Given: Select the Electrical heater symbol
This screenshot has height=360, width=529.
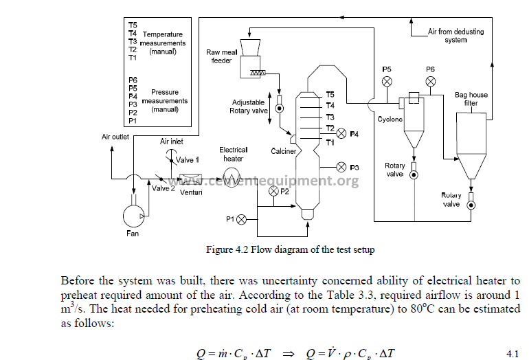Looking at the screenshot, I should pyautogui.click(x=232, y=175).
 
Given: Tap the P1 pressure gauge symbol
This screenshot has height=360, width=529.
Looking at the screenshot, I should pyautogui.click(x=241, y=220).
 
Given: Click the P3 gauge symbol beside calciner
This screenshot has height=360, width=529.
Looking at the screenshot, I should pyautogui.click(x=341, y=167).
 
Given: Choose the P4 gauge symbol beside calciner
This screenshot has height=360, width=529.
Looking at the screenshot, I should pyautogui.click(x=341, y=133).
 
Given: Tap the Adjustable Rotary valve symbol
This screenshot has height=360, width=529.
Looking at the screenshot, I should pyautogui.click(x=280, y=108).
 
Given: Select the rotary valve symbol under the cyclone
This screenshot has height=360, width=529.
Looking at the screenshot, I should pyautogui.click(x=414, y=174).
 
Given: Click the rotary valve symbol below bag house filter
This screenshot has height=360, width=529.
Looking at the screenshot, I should pyautogui.click(x=471, y=205).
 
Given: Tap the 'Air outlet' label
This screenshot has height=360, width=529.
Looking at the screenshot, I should pyautogui.click(x=115, y=137).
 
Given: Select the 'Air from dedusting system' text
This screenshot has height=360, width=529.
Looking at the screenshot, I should pyautogui.click(x=447, y=36).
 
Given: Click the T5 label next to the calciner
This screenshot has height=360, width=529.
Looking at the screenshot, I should pyautogui.click(x=330, y=94).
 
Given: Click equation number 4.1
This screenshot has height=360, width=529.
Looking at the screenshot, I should pyautogui.click(x=512, y=354).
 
